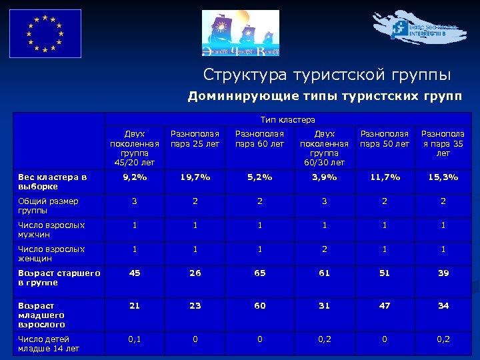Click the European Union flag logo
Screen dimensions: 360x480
tap(45, 33)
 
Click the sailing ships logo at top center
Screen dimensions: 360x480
tap(241, 33)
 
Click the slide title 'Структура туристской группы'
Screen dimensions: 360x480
tap(327, 74)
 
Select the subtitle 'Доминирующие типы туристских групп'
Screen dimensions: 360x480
tap(324, 96)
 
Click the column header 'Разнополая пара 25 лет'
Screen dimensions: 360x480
tap(195, 139)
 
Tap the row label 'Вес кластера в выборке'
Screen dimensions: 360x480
tap(53, 181)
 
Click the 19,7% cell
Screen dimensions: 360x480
tap(195, 177)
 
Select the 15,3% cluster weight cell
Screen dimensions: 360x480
tap(443, 177)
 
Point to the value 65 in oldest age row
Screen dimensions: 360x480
tap(259, 273)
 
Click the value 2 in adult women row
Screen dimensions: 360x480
tap(325, 249)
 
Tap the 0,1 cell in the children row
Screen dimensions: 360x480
tap(134, 339)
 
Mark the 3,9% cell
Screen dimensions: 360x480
tap(325, 177)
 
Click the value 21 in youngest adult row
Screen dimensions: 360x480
tap(134, 305)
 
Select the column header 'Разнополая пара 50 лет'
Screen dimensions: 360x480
tap(385, 139)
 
